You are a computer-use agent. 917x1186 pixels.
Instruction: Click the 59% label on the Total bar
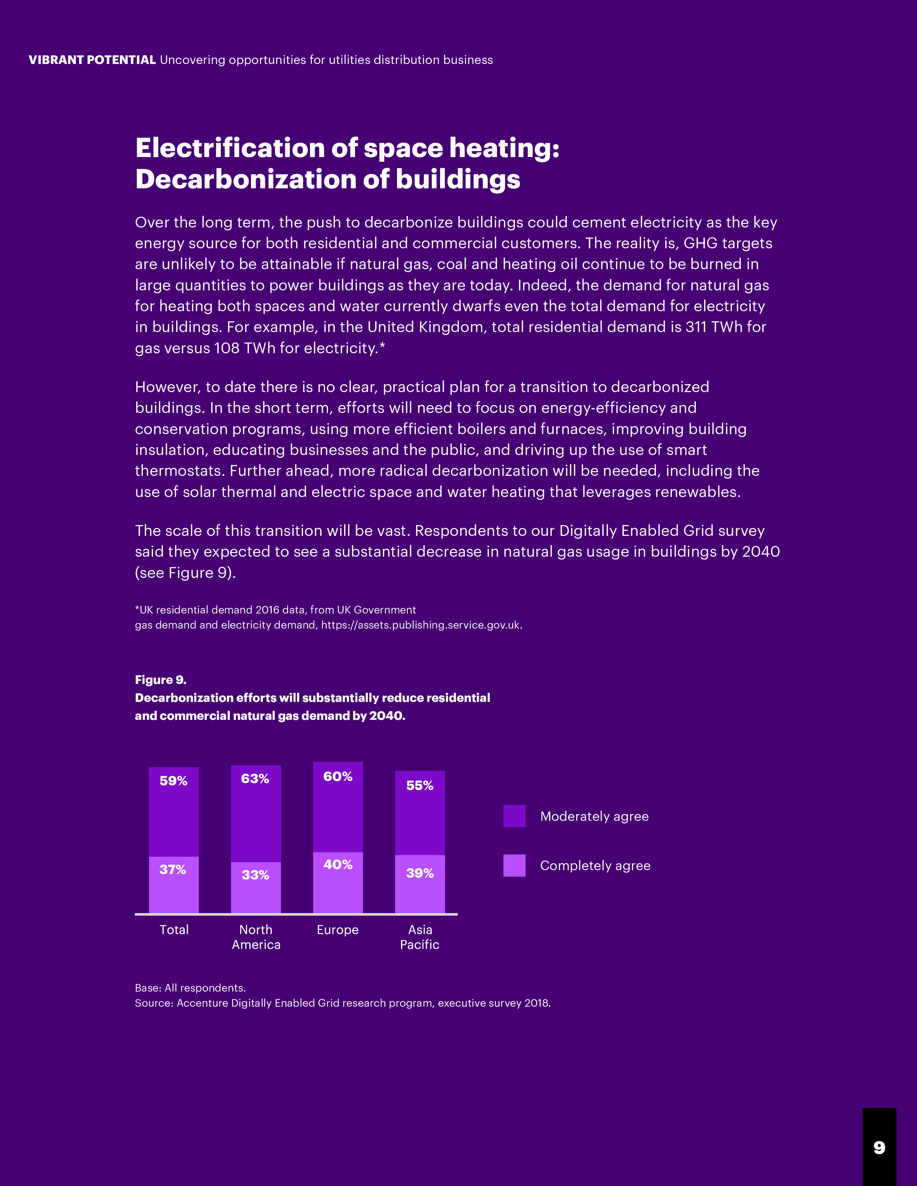pyautogui.click(x=173, y=781)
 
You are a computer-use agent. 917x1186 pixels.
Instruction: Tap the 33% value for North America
pyautogui.click(x=255, y=875)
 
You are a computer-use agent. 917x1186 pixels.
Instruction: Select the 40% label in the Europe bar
pyautogui.click(x=338, y=864)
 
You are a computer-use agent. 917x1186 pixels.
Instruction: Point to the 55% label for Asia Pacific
pyautogui.click(x=420, y=785)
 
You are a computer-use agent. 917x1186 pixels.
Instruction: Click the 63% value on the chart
pyautogui.click(x=255, y=779)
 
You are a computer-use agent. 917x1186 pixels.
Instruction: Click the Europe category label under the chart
pyautogui.click(x=338, y=930)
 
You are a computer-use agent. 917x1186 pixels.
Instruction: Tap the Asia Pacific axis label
pyautogui.click(x=420, y=937)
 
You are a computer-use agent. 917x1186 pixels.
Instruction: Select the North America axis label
pyautogui.click(x=256, y=937)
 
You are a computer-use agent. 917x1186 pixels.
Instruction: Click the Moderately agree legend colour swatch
pyautogui.click(x=515, y=816)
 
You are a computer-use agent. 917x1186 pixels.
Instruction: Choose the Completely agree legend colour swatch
pyautogui.click(x=515, y=866)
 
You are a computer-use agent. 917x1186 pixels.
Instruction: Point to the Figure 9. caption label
pyautogui.click(x=161, y=680)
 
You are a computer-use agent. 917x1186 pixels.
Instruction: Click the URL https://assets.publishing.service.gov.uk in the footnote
pyautogui.click(x=420, y=625)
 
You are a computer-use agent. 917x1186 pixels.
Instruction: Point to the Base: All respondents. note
pyautogui.click(x=190, y=988)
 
